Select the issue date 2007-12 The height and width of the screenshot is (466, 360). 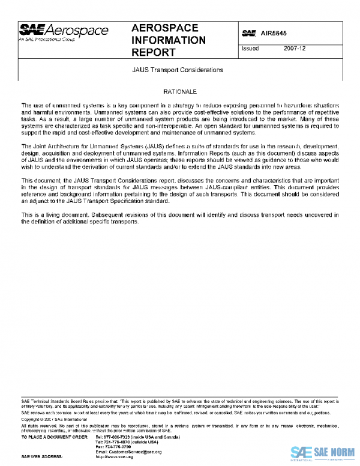(x=295, y=48)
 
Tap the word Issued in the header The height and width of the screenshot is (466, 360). (x=250, y=48)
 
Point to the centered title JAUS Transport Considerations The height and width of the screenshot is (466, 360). (x=178, y=70)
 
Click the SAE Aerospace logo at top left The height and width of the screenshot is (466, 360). (x=64, y=31)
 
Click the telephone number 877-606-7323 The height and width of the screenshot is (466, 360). (x=116, y=437)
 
